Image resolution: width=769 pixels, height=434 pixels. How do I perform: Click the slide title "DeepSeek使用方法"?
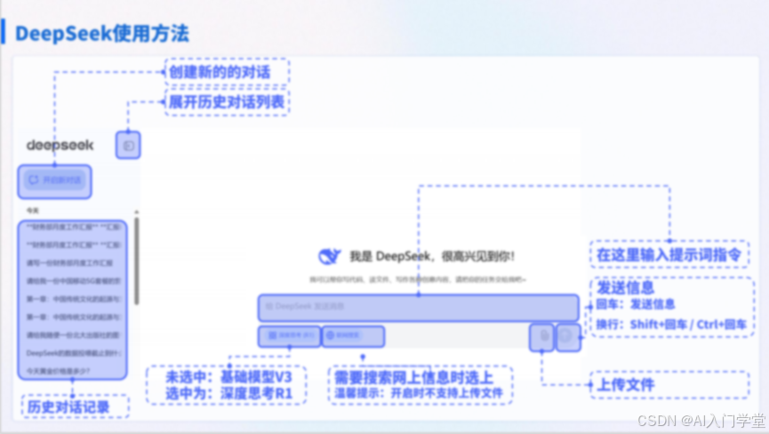click(101, 34)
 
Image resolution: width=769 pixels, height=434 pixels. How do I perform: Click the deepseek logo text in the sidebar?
click(60, 144)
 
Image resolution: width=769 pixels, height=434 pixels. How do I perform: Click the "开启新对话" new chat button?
click(55, 180)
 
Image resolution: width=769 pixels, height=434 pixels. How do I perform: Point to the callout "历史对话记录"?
click(75, 406)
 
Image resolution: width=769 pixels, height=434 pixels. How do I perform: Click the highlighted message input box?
click(418, 307)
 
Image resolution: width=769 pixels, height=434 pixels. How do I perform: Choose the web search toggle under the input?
click(353, 336)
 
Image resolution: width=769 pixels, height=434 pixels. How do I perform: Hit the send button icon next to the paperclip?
click(566, 336)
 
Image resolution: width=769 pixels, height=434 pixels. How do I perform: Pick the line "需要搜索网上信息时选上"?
click(420, 375)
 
